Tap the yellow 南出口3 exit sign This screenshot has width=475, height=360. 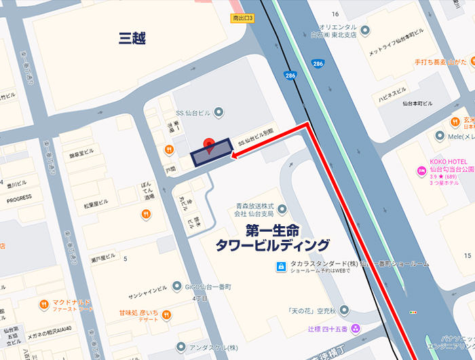click(x=242, y=18)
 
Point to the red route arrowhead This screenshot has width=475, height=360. click(x=234, y=157)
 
